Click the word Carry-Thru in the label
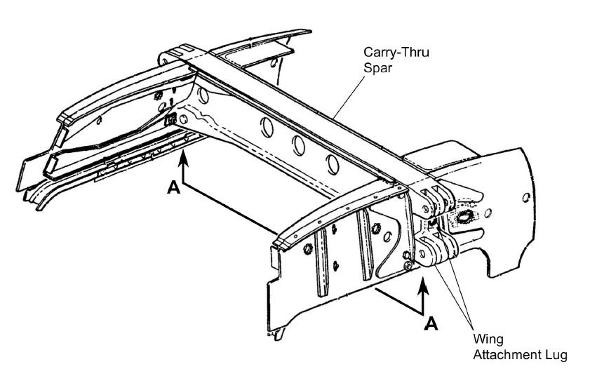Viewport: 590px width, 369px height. coord(396,52)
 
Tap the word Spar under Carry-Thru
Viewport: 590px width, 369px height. coord(377,68)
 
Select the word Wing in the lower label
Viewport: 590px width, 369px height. coord(488,340)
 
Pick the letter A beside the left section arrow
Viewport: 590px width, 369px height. coord(173,187)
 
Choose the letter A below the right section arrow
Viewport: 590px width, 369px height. coord(431,323)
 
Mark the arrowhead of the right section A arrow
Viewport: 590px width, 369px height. coord(423,285)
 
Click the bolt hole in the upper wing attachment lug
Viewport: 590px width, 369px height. coord(427,208)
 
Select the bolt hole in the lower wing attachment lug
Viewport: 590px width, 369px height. coord(422,254)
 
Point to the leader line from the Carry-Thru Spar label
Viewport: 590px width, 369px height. coord(349,96)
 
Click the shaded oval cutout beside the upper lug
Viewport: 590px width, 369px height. coord(463,217)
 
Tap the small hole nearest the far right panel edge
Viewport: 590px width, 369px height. coord(526,197)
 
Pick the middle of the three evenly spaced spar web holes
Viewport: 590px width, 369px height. coord(298,146)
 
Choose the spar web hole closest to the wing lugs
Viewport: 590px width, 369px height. coord(333,164)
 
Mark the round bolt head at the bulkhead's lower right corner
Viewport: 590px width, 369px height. coord(407,266)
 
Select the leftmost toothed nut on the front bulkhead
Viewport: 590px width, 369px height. coord(308,248)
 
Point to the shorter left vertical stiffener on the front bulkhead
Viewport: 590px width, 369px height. coord(321,262)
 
